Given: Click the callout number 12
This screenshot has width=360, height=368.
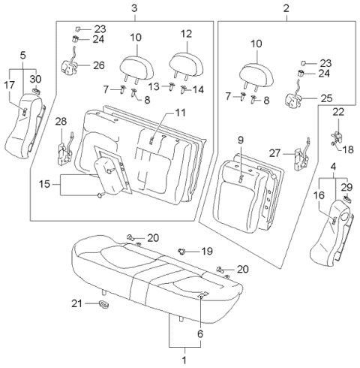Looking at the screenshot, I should click(x=186, y=35).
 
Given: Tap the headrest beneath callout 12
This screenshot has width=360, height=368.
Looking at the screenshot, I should click(x=184, y=60).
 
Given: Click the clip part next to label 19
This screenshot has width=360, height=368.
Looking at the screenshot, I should click(x=182, y=251).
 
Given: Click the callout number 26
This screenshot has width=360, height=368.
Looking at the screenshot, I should click(x=99, y=65).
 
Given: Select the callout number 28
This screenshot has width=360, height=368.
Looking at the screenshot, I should click(x=61, y=122).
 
